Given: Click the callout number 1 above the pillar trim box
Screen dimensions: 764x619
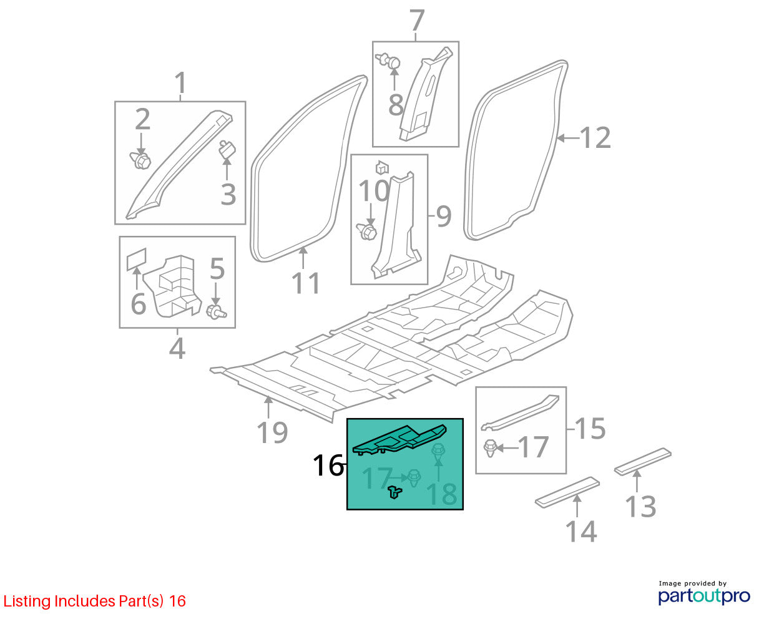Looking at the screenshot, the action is pyautogui.click(x=180, y=83).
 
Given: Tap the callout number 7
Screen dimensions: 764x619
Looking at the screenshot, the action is pyautogui.click(x=417, y=21).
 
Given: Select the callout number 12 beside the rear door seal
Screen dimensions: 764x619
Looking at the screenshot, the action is pyautogui.click(x=595, y=138).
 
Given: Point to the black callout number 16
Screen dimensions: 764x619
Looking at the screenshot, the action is pyautogui.click(x=328, y=465).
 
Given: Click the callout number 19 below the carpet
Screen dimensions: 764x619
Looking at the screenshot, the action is pyautogui.click(x=272, y=433).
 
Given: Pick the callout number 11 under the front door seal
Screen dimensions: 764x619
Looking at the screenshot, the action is pyautogui.click(x=306, y=283).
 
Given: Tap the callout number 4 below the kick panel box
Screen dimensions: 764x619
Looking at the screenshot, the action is pyautogui.click(x=177, y=348).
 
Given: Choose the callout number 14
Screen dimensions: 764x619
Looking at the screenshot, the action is pyautogui.click(x=581, y=531).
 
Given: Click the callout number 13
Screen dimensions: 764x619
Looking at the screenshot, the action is pyautogui.click(x=640, y=507).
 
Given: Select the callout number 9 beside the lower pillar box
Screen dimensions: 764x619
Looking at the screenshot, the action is pyautogui.click(x=443, y=217).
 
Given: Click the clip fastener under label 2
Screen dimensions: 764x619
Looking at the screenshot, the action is pyautogui.click(x=140, y=160).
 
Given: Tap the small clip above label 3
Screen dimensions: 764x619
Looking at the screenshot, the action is pyautogui.click(x=227, y=149).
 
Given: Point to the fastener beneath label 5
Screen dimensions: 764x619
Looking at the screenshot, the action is pyautogui.click(x=217, y=311).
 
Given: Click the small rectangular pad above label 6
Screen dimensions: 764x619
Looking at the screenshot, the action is pyautogui.click(x=137, y=260).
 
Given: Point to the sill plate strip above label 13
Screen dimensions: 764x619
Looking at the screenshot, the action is pyautogui.click(x=643, y=462).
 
